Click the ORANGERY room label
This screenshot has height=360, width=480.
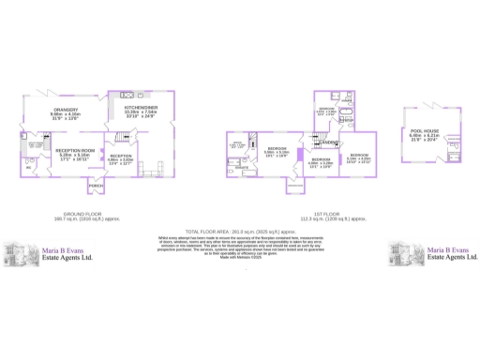(64, 110)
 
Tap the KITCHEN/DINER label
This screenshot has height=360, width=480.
(140, 109)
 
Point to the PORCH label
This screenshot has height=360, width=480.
(96, 187)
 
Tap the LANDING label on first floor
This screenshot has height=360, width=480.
(327, 142)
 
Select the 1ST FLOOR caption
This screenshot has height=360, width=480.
(318, 214)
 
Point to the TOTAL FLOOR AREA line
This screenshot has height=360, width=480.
(239, 230)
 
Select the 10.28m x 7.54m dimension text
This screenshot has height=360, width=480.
(140, 114)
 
